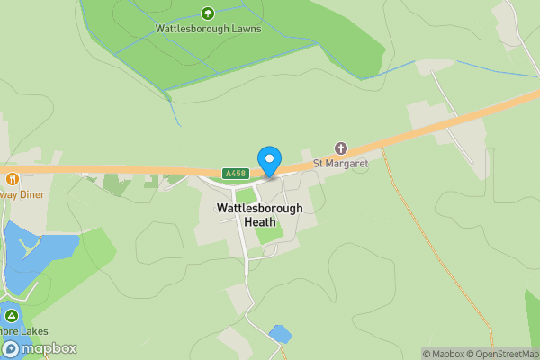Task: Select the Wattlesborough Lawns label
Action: pyautogui.click(x=208, y=29)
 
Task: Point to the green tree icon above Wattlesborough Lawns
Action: pyautogui.click(x=208, y=13)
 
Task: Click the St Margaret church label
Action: pyautogui.click(x=340, y=163)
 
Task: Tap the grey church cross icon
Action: pyautogui.click(x=340, y=148)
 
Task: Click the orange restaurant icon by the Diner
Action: pyautogui.click(x=12, y=178)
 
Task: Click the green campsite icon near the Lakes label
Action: pyautogui.click(x=11, y=316)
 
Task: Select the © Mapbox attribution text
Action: pyautogui.click(x=444, y=354)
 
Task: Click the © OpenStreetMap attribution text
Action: pyautogui.click(x=504, y=354)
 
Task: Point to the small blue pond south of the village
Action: pyautogui.click(x=280, y=334)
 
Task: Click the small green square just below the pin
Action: pyautogui.click(x=245, y=195)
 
